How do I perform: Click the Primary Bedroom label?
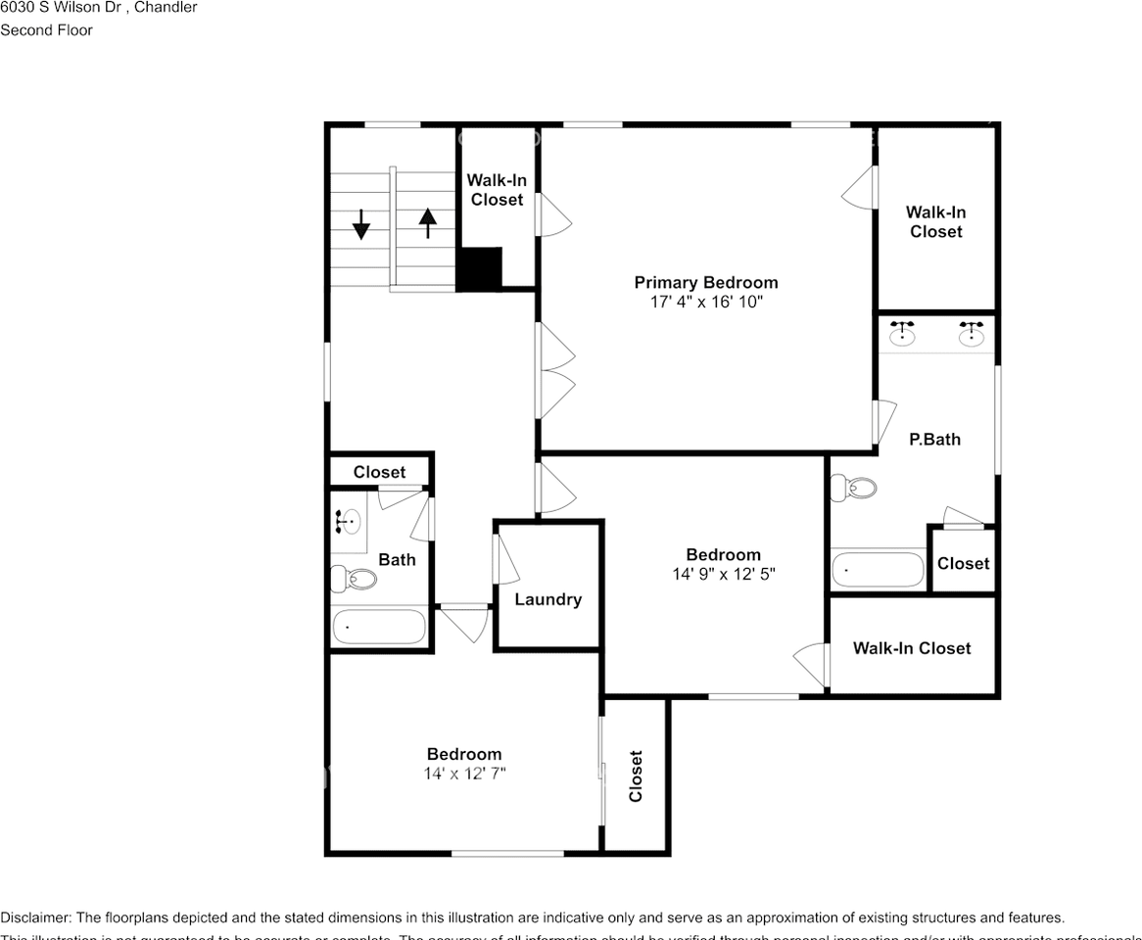(x=705, y=283)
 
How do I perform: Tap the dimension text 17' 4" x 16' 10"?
(x=705, y=303)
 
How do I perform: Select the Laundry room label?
(x=547, y=599)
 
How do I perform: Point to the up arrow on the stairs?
(x=427, y=223)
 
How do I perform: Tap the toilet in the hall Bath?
(x=354, y=579)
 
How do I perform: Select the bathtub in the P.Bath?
(x=878, y=570)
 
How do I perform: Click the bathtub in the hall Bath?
(x=379, y=627)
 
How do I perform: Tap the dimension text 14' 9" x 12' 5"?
(x=723, y=575)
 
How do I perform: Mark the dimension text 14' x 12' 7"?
(x=464, y=774)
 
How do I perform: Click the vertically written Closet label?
(x=636, y=775)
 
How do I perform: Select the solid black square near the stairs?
(x=480, y=268)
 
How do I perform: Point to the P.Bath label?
(x=934, y=440)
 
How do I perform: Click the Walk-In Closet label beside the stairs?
(x=497, y=190)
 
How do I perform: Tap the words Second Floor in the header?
(x=46, y=30)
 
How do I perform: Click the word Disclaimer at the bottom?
(x=34, y=917)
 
